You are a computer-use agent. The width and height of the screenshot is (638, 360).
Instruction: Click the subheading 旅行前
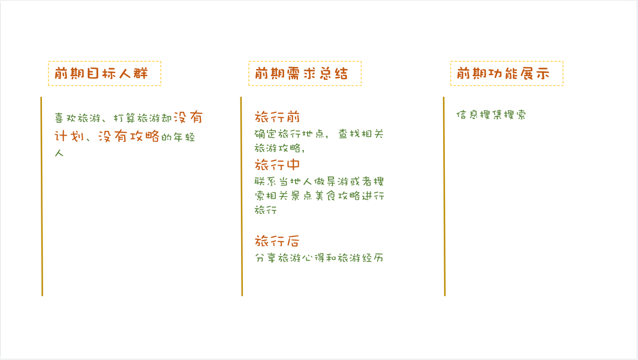point(277,116)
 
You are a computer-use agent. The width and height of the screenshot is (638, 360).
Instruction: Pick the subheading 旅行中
point(277,164)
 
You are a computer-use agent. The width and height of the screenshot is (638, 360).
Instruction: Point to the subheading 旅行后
point(277,241)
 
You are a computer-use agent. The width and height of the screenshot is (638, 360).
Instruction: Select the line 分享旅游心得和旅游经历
point(318,258)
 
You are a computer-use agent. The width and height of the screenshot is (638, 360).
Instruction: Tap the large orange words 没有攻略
point(129,136)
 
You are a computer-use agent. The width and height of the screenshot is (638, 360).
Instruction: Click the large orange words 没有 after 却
point(188,117)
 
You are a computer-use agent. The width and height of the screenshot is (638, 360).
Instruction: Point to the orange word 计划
point(69,136)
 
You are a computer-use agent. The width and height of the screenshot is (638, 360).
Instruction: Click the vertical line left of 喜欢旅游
point(42,196)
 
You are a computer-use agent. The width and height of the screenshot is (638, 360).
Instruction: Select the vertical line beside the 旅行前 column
point(242,196)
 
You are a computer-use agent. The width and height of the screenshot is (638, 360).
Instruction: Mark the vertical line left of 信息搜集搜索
point(444,196)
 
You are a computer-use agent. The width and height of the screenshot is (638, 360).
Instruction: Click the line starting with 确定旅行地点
point(318,134)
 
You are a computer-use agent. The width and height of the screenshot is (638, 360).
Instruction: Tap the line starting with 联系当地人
point(318,182)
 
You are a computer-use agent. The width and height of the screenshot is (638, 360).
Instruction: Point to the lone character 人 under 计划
point(59,154)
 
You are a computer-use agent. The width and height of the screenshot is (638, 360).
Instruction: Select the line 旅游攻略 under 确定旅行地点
point(278,148)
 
